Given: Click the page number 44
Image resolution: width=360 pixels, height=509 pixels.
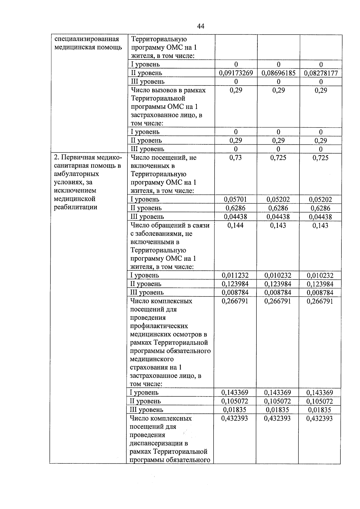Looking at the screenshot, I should tap(201, 26).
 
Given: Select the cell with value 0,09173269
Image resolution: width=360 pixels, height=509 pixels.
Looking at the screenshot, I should tap(236, 73).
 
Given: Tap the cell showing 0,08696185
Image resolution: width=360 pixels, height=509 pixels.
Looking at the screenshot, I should tap(278, 73).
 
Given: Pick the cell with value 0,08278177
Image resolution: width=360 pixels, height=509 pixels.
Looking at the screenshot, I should tap(321, 73).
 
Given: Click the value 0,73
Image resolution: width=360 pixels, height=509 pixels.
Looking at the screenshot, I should tap(235, 158).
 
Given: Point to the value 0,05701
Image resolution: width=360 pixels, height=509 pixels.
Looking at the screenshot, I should tap(235, 199).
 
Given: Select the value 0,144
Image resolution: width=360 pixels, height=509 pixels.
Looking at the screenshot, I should tap(235, 225).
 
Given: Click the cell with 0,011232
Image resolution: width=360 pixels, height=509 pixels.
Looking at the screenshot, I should tap(235, 275).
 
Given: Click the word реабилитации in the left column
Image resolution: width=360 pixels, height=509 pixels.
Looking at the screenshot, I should tap(75, 207).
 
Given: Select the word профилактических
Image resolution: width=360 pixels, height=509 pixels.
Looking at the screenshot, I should tap(159, 326).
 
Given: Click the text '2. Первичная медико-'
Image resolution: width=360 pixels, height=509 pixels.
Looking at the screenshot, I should tap(88, 158).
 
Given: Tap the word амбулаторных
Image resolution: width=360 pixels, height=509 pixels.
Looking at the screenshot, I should tap(76, 174).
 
